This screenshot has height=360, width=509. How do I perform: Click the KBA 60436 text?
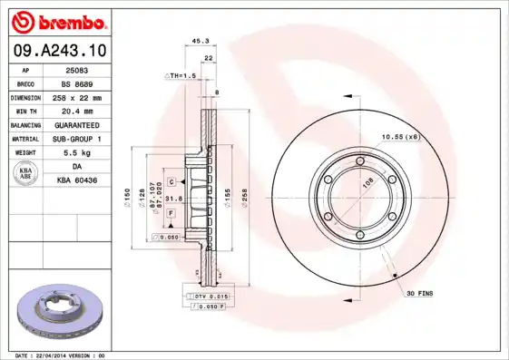tap(77, 181)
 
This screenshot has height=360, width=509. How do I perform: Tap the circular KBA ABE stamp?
tap(24, 174)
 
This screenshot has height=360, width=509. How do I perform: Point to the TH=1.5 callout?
tap(181, 75)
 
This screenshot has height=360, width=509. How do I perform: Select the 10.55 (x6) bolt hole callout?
tap(400, 136)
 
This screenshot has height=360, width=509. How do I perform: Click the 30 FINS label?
tap(420, 293)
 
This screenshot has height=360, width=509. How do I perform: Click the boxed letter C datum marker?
tap(171, 181)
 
